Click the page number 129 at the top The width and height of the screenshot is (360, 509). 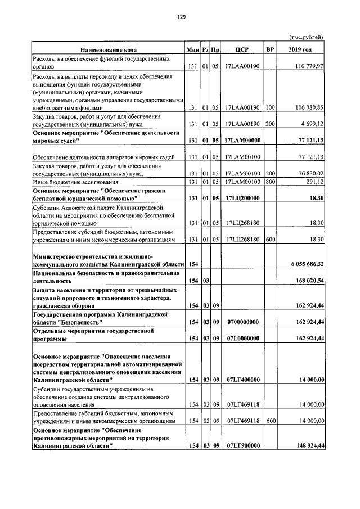pyautogui.click(x=181, y=17)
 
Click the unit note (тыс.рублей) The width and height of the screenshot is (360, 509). pyautogui.click(x=307, y=38)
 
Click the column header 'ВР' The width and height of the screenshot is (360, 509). pyautogui.click(x=270, y=50)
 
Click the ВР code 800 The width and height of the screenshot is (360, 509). pyautogui.click(x=270, y=182)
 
